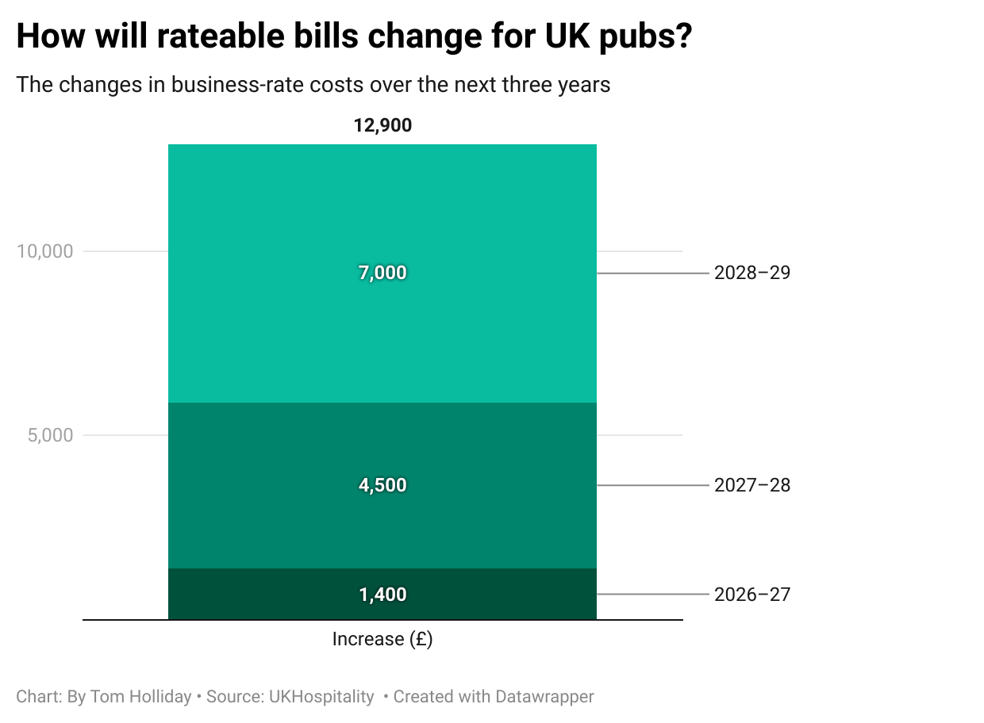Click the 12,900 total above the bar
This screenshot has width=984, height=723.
tap(382, 125)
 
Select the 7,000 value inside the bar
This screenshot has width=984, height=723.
tap(382, 273)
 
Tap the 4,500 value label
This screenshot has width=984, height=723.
tap(382, 485)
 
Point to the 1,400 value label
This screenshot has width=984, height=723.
tap(382, 595)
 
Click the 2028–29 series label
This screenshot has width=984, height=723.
tap(752, 273)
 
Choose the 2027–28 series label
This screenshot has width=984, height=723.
tap(752, 485)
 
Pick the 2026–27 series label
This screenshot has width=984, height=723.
tap(752, 595)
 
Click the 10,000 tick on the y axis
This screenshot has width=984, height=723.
tap(44, 251)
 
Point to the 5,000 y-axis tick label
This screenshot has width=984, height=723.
tap(50, 435)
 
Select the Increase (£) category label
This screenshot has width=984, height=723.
tap(382, 639)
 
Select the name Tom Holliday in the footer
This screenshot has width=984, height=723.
tap(140, 697)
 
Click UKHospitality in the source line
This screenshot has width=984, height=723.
tap(321, 697)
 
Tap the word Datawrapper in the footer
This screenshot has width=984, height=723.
tap(544, 697)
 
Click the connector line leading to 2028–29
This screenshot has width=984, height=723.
tap(652, 273)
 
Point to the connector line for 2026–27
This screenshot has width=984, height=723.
tap(652, 595)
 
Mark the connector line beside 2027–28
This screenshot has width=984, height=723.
tap(652, 485)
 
